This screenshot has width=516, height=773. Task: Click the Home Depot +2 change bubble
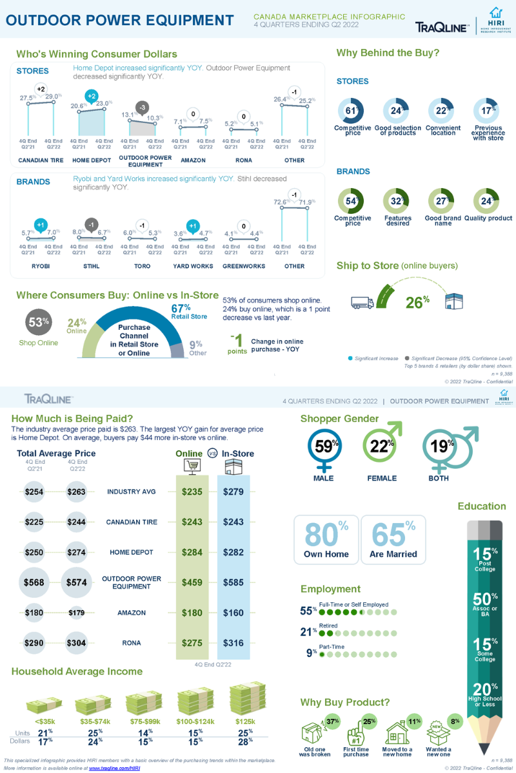click(x=92, y=97)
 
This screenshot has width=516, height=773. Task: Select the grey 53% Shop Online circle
click(x=38, y=323)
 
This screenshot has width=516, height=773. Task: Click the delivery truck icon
click(x=362, y=301)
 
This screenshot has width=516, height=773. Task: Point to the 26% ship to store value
click(x=417, y=302)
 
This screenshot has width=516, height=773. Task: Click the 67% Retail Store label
click(x=188, y=311)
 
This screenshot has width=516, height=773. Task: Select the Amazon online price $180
click(x=192, y=613)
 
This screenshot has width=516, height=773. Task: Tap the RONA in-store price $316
click(x=233, y=643)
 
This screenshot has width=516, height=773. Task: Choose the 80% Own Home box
click(x=326, y=540)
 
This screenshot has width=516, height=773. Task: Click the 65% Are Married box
click(x=393, y=540)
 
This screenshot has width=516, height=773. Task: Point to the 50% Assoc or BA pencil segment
click(x=485, y=604)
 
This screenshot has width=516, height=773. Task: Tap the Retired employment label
click(x=330, y=625)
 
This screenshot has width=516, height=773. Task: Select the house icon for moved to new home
click(x=397, y=733)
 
